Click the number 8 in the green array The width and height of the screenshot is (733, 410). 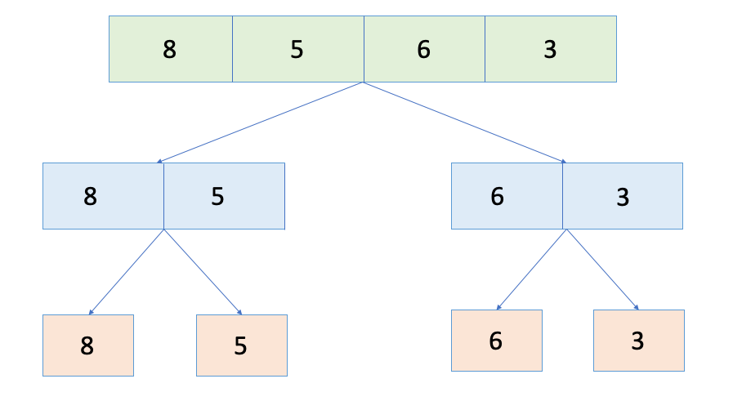point(169,50)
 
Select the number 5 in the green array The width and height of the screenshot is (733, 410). point(297,50)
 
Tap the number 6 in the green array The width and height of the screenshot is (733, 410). point(423,50)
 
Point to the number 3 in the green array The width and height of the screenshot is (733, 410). point(550,50)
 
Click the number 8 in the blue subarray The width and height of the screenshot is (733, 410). point(90,197)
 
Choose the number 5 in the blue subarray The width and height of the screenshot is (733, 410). point(217,197)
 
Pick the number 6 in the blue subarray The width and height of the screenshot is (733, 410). point(497,197)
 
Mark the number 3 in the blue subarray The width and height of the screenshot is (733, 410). point(623,197)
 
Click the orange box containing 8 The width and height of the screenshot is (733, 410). point(87,345)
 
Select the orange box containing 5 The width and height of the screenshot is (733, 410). point(241,345)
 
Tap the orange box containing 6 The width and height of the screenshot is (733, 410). point(496,341)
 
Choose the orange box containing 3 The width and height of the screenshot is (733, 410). point(638,341)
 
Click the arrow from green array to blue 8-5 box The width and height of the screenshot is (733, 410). point(260,123)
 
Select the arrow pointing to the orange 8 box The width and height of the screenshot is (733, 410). point(127,272)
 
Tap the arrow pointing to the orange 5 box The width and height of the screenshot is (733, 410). point(203,272)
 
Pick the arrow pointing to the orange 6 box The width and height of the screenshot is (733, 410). point(531,270)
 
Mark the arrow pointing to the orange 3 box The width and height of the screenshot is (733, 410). point(602,270)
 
